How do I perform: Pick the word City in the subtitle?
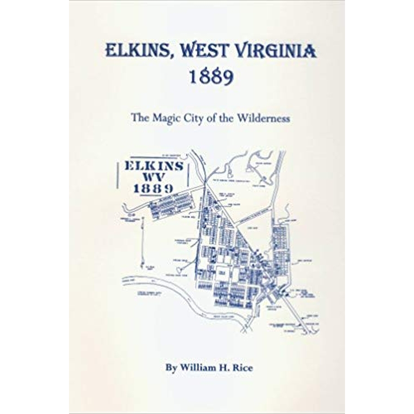point(193,118)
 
